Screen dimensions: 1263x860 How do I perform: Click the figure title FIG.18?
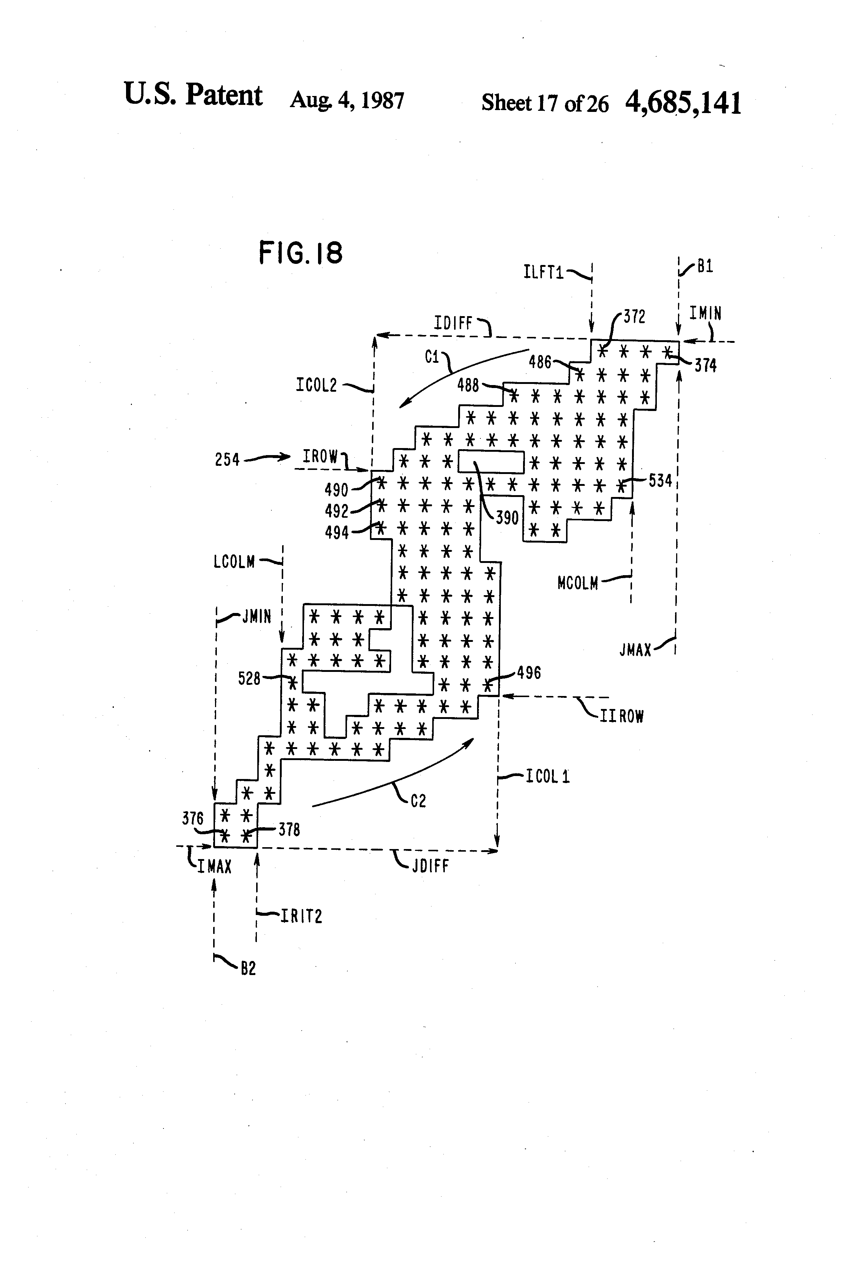(301, 253)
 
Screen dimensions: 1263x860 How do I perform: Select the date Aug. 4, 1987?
(347, 100)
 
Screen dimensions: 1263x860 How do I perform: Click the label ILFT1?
(543, 272)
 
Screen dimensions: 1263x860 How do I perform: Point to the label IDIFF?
(453, 324)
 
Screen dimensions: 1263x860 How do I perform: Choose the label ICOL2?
(317, 385)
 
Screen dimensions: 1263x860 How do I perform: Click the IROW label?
(320, 457)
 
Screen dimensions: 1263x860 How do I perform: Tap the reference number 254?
(227, 460)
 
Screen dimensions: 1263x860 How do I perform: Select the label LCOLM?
(234, 561)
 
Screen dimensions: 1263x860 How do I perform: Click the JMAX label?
(635, 649)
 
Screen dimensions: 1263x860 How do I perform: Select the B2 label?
(248, 968)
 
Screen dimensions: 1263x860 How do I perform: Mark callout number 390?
(507, 518)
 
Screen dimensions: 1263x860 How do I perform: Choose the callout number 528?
(249, 678)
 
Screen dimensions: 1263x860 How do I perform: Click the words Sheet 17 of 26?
(545, 103)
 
